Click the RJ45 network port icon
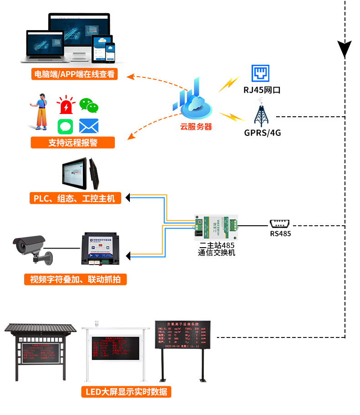[x=262, y=73]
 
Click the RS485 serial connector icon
[x=280, y=223]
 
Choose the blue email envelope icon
[x=89, y=126]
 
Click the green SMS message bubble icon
[x=66, y=126]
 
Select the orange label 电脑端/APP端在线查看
[x=74, y=74]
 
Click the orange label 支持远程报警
[x=73, y=142]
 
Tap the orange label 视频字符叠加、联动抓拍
[x=75, y=279]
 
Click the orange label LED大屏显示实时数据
[x=126, y=391]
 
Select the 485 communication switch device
[x=216, y=227]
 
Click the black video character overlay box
[x=101, y=249]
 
